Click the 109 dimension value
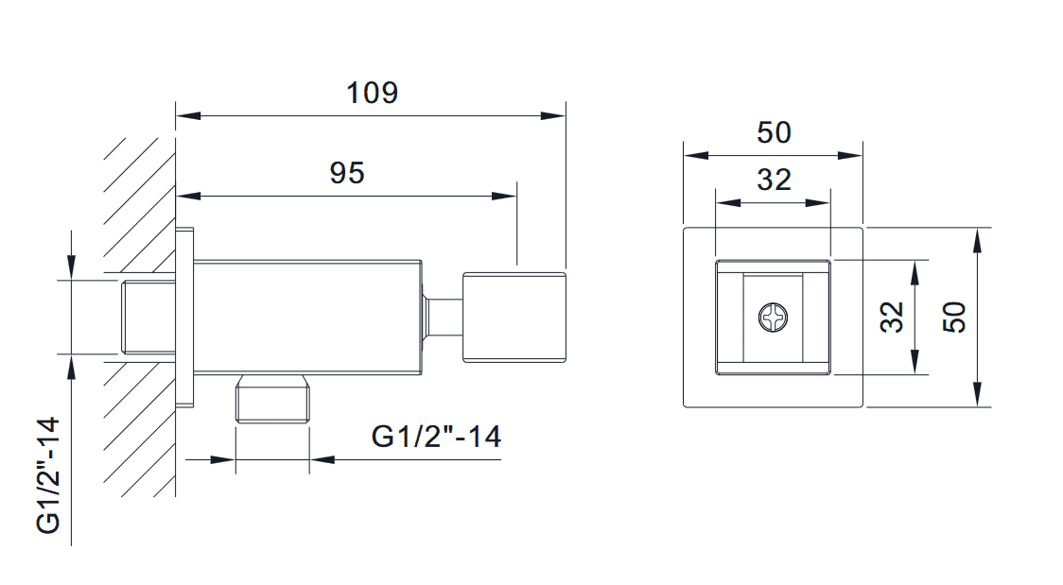(x=372, y=94)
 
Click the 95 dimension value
(x=346, y=173)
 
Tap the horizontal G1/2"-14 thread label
(x=436, y=437)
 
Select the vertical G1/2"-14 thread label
(x=49, y=474)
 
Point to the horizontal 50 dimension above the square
(x=774, y=133)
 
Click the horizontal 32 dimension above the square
(x=774, y=179)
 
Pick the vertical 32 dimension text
(x=892, y=317)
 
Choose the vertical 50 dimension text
(x=955, y=317)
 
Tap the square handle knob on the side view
(x=514, y=318)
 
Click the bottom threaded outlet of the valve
(x=272, y=399)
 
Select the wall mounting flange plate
(x=185, y=318)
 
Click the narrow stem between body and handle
(x=442, y=318)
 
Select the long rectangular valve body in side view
(x=307, y=317)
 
